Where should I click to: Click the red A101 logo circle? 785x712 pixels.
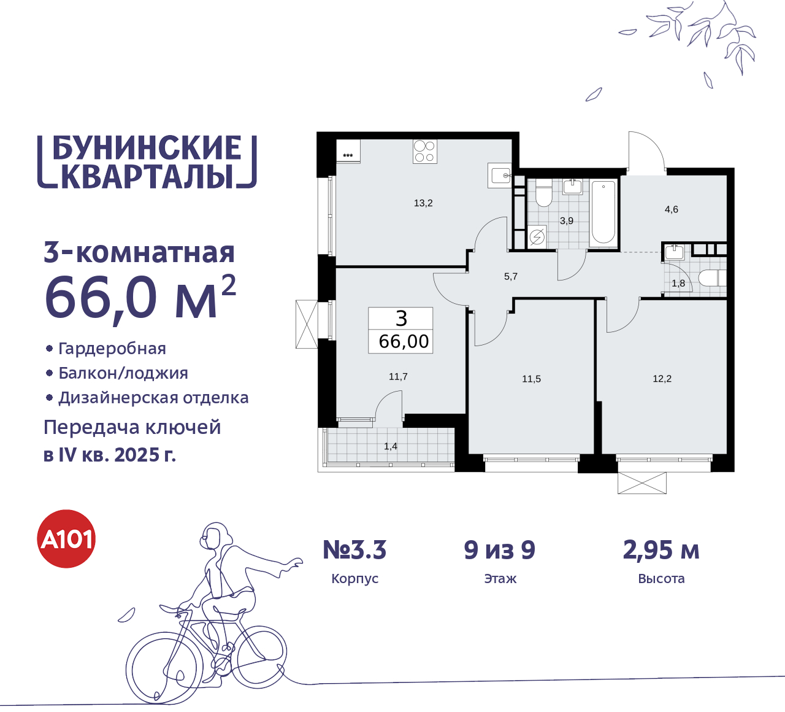[x=67, y=539]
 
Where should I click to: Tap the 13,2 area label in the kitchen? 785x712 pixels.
[x=423, y=203]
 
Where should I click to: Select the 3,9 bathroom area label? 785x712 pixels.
[x=567, y=220]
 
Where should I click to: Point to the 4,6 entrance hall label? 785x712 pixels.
[x=672, y=209]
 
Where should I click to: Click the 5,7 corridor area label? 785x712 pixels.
[x=511, y=277]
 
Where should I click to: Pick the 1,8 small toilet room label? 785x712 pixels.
[x=678, y=284]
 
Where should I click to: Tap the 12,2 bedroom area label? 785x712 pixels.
[x=662, y=379]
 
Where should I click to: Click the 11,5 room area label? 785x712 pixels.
[x=531, y=379]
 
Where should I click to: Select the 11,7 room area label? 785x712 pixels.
[x=398, y=377]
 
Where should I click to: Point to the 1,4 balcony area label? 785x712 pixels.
[x=391, y=446]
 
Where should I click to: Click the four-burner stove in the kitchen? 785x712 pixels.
[x=424, y=152]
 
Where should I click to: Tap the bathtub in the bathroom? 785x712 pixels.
[x=603, y=212]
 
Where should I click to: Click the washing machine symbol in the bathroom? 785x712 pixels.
[x=537, y=236]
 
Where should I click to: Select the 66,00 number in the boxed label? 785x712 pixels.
[x=404, y=341]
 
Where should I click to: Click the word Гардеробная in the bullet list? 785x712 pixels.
[x=112, y=349]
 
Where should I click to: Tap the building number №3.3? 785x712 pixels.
[x=354, y=550]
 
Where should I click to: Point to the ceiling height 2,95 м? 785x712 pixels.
[x=661, y=550]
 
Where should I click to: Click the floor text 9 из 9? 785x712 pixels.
[x=500, y=550]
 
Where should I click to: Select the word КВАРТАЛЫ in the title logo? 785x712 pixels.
[x=148, y=176]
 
